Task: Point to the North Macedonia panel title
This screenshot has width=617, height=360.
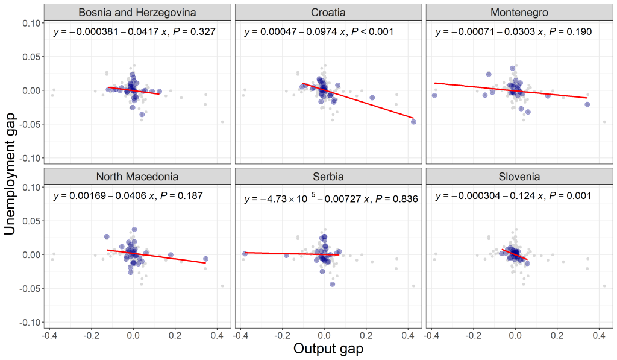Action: coord(137,177)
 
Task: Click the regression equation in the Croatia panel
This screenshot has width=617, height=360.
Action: coord(319,31)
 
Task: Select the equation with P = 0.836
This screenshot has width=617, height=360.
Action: coord(331,199)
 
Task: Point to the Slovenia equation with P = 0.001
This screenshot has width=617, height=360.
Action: coord(513,196)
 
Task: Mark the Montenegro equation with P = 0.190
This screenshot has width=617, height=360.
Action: coord(513,31)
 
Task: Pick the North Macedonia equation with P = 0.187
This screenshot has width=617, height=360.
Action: coord(128,196)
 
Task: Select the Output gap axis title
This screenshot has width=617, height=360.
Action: coord(328,349)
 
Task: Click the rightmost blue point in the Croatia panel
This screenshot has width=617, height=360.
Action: coord(413,122)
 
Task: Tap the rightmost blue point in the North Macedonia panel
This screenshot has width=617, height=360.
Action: coord(205,259)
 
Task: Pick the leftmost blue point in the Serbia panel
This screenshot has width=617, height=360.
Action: coord(245,254)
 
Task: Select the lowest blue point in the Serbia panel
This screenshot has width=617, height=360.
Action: coord(332,284)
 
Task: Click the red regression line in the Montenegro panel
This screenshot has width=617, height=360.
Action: coord(512,90)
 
